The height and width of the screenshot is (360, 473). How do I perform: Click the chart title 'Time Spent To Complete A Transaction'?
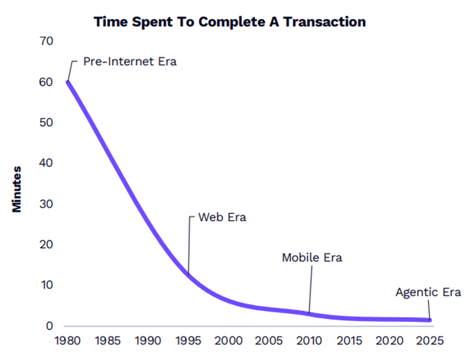click(229, 22)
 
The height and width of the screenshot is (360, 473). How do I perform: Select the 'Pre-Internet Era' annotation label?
click(130, 63)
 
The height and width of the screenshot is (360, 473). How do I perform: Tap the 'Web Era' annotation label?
click(222, 218)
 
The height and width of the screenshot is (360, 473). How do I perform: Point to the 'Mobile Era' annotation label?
click(311, 258)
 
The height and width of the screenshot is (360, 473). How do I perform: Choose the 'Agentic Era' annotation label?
click(428, 292)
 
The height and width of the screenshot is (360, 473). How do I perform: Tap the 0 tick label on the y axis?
click(49, 326)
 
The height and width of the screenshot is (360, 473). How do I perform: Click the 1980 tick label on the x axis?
click(67, 341)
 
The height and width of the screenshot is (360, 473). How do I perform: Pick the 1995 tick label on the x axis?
click(188, 341)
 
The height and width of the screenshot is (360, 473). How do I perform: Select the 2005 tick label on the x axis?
click(269, 341)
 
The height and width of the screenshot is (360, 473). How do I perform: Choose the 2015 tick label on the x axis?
click(349, 341)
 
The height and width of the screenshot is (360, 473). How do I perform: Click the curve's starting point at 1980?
click(68, 82)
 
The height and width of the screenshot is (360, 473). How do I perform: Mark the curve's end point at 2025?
click(429, 320)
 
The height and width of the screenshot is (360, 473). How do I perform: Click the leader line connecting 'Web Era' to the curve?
click(189, 247)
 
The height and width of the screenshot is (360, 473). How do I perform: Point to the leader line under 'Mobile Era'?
click(310, 290)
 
